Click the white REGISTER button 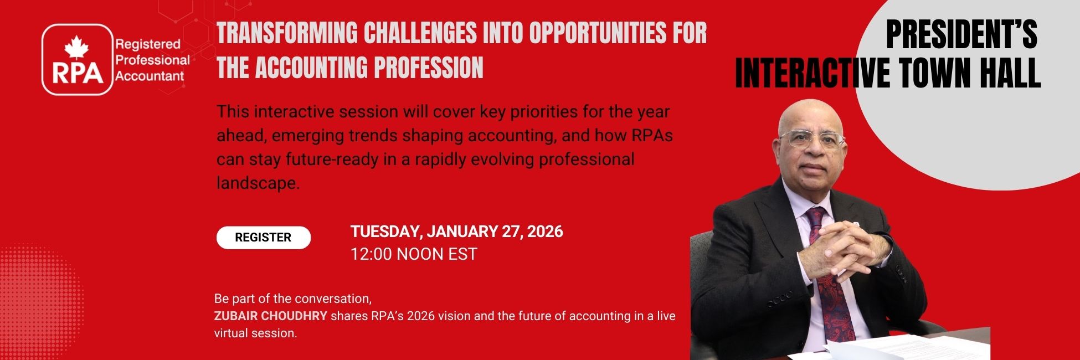point(263,238)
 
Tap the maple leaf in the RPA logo point(76,48)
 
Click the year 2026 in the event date point(544,231)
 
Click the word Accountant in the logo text point(150,76)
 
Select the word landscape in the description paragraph point(258,183)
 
